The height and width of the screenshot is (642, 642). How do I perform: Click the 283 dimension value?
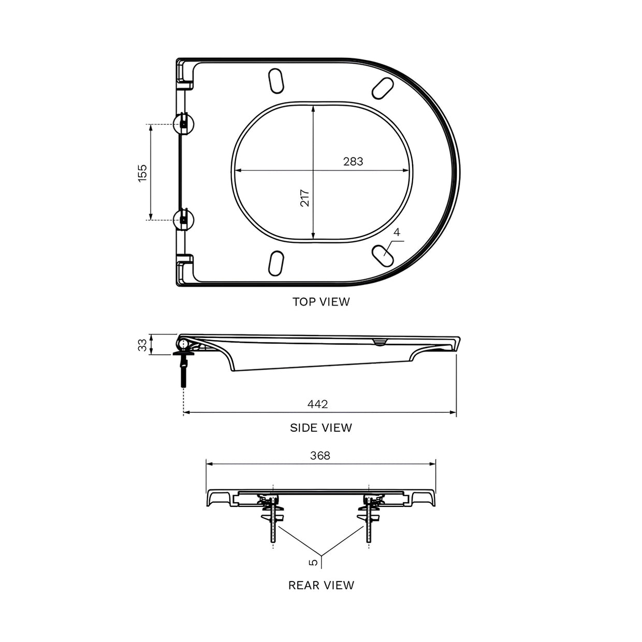pos(353,162)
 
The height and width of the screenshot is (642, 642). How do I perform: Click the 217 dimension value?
pos(305,198)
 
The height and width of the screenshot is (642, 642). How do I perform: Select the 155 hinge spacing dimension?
pos(142,173)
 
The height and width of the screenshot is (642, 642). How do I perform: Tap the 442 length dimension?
pos(317,404)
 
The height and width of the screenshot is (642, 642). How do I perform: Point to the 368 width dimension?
pos(320,456)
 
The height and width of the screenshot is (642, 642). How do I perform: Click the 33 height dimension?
pos(142,345)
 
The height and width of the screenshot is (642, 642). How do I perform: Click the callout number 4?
pos(397,232)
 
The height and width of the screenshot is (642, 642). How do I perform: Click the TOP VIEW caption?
pos(321,302)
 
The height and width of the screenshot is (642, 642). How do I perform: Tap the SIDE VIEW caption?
pos(321,428)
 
